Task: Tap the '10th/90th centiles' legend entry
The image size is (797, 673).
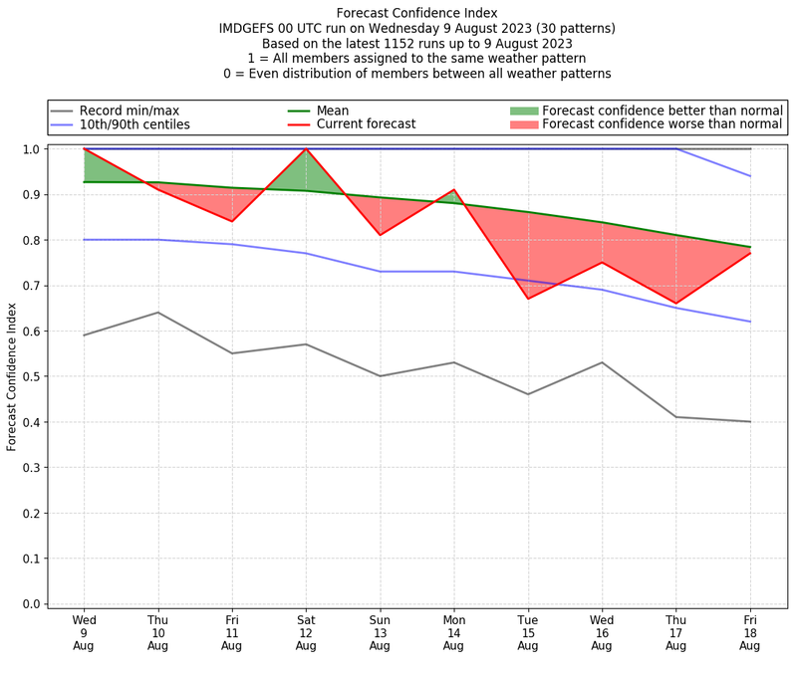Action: pos(134,124)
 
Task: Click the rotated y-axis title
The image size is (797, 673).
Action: pos(12,376)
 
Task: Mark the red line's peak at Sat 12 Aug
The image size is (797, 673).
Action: pos(306,149)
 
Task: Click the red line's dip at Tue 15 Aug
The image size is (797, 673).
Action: pos(528,299)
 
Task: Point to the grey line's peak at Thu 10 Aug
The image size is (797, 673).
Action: pos(158,313)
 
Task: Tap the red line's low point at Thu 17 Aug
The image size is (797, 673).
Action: pos(675,304)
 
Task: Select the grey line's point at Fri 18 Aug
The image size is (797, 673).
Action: pos(749,422)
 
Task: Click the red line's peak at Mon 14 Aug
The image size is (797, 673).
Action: pos(453,190)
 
